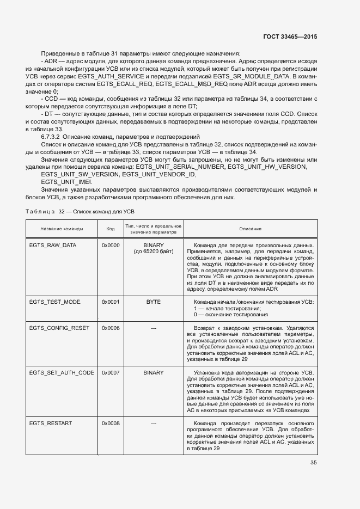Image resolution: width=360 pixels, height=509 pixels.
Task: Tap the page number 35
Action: point(314,463)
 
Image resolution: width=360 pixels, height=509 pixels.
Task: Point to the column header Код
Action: point(111,229)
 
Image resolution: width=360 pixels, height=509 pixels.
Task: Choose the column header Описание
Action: point(250,229)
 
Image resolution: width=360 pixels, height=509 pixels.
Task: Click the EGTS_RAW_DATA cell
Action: point(53,245)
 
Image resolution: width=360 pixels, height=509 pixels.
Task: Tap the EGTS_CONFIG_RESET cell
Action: point(59,328)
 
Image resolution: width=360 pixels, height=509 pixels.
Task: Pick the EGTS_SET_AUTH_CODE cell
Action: point(62,372)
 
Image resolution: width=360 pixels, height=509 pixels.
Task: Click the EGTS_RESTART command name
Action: point(51,423)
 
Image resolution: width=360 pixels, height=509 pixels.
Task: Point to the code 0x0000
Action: point(111,245)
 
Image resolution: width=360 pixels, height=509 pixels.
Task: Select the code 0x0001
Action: point(111,302)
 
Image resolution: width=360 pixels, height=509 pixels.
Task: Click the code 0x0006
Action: point(111,328)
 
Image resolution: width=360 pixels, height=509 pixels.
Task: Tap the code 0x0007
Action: point(111,372)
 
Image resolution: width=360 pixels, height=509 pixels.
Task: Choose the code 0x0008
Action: point(111,423)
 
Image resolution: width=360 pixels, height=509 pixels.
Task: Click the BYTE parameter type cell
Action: point(153,302)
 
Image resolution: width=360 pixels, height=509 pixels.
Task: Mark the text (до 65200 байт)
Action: point(153,252)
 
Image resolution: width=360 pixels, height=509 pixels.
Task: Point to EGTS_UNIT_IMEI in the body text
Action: point(66,181)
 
